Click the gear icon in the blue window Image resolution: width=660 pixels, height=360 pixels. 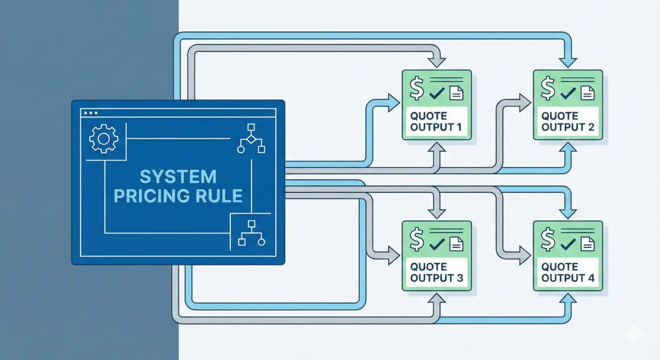pyautogui.click(x=104, y=138)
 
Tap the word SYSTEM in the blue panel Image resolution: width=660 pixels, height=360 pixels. pyautogui.click(x=178, y=177)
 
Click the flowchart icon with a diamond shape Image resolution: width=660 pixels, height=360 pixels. pyautogui.click(x=251, y=139)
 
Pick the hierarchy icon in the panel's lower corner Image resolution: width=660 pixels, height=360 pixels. pyautogui.click(x=251, y=233)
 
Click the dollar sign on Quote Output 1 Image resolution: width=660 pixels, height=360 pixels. pyautogui.click(x=416, y=89)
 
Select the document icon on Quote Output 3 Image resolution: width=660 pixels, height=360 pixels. pyautogui.click(x=456, y=244)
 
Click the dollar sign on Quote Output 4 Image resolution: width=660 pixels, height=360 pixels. pyautogui.click(x=547, y=240)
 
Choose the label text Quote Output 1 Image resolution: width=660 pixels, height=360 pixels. pyautogui.click(x=436, y=121)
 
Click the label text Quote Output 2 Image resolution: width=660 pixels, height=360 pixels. pyautogui.click(x=568, y=121)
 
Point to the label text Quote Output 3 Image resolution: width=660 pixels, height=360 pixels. pyautogui.click(x=436, y=272)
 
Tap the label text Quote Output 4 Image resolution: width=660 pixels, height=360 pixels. pyautogui.click(x=568, y=272)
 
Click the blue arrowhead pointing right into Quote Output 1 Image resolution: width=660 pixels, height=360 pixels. pyautogui.click(x=393, y=103)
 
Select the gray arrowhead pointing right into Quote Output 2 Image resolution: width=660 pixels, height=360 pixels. pyautogui.click(x=524, y=103)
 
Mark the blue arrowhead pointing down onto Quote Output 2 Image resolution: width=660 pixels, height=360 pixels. pyautogui.click(x=568, y=61)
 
